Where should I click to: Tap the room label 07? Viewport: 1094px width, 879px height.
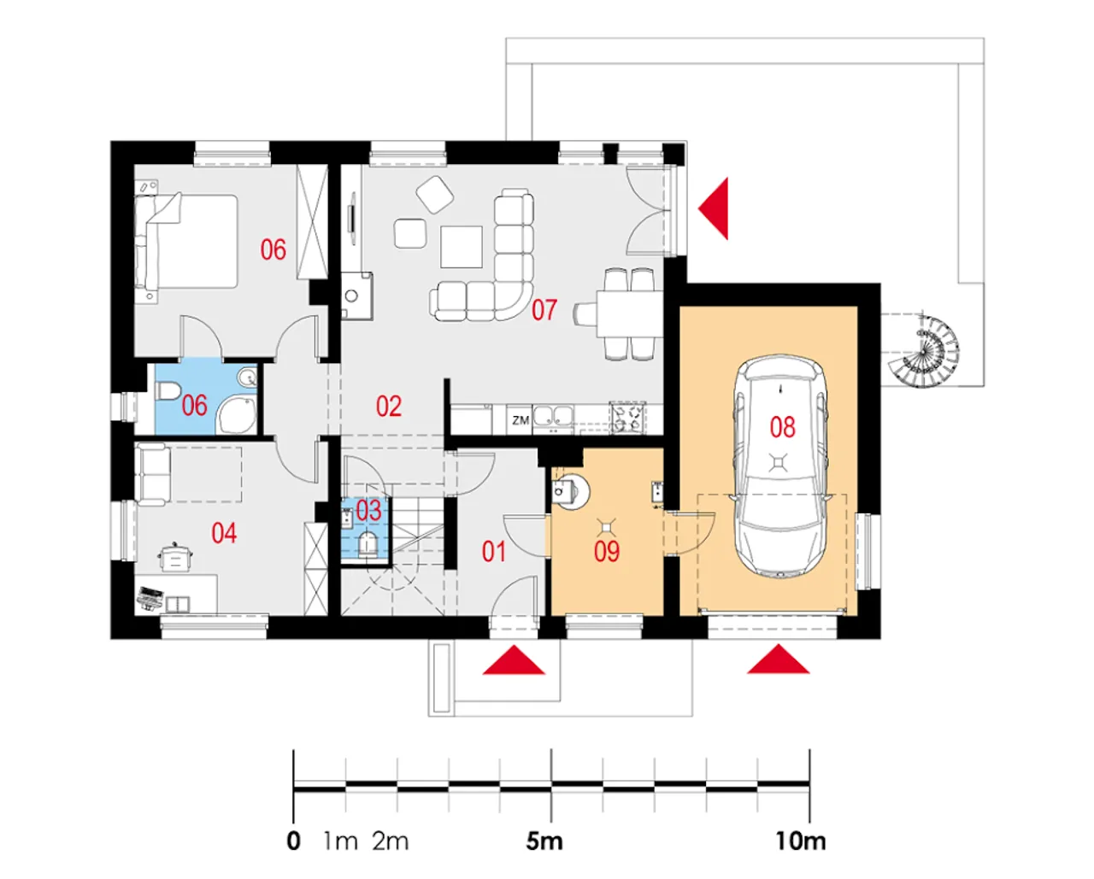[544, 309]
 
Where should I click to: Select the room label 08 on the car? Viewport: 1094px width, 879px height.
[782, 426]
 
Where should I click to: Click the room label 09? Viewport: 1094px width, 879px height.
[606, 551]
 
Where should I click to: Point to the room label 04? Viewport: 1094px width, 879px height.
[224, 533]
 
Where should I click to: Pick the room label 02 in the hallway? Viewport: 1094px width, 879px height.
[388, 406]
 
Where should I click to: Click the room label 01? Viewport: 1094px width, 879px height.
[493, 551]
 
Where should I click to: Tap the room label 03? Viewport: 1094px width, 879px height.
[368, 511]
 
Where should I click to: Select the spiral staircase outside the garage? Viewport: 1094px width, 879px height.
[926, 351]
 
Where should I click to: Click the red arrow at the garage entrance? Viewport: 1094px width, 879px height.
[778, 660]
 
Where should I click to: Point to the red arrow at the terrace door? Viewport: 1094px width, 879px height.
[715, 208]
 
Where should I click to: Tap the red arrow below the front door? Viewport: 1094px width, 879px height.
[514, 661]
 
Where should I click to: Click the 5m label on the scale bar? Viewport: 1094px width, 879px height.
[544, 841]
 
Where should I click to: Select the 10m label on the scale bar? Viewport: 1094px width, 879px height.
[800, 841]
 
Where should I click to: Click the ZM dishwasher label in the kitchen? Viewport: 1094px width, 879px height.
[521, 420]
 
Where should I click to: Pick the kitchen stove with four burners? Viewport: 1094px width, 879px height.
[627, 417]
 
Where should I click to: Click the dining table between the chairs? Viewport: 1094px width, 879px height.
[629, 314]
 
